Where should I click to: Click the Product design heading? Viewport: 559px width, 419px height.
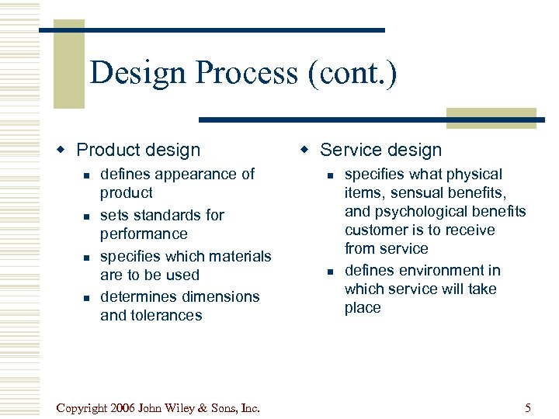[x=138, y=151]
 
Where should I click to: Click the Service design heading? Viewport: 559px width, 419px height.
[x=380, y=151]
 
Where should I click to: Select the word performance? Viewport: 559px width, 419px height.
[x=144, y=234]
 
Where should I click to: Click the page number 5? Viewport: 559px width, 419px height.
[x=528, y=407]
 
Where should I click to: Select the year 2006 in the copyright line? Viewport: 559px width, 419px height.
[x=127, y=407]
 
